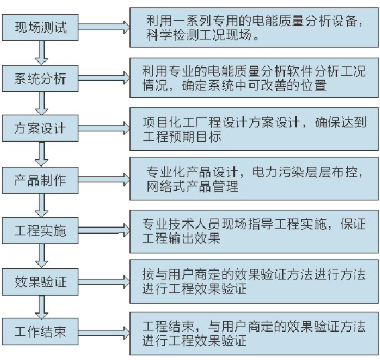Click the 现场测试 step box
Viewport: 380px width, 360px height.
pos(40,27)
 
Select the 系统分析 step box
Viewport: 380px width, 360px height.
pos(40,78)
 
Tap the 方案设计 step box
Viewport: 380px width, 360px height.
pos(40,128)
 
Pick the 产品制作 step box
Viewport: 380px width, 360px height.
pos(40,180)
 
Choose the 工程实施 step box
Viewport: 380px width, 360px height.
pos(40,231)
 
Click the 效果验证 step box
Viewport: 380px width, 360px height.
pos(40,282)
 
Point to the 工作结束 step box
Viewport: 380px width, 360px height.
pos(40,331)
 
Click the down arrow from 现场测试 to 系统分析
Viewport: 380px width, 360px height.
pos(42,53)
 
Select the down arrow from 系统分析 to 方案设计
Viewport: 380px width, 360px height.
pos(42,103)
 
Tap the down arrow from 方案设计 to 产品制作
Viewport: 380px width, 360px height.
pos(42,154)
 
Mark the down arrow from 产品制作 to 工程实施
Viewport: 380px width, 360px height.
pos(42,205)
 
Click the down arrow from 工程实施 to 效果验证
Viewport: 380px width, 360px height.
pos(42,256)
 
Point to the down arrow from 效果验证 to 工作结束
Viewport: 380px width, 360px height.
pos(42,306)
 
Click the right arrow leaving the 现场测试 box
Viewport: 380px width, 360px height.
pos(104,27)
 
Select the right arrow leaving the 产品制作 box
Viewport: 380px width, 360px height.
pos(104,180)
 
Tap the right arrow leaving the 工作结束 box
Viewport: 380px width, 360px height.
pos(104,333)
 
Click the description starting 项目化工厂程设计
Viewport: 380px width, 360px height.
pos(254,129)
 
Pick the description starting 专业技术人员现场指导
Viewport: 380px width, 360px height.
pos(254,231)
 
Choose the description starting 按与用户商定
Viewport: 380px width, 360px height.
pos(254,282)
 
